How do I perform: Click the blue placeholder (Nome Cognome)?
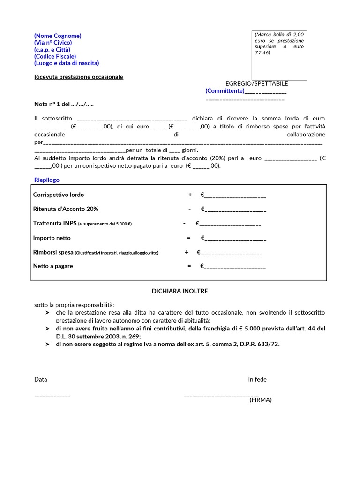click(58, 36)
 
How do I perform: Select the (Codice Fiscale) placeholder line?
click(55, 56)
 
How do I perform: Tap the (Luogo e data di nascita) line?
click(67, 63)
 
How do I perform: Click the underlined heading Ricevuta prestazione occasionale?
click(79, 77)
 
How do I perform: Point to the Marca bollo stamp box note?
click(279, 43)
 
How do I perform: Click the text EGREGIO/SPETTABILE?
click(257, 83)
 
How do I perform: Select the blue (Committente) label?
click(225, 90)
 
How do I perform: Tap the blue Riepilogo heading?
click(47, 180)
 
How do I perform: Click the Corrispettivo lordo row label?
click(59, 195)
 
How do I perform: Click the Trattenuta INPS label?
click(54, 224)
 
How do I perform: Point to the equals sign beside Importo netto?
click(189, 238)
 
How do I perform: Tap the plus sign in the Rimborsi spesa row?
click(187, 252)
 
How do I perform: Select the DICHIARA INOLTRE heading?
click(180, 291)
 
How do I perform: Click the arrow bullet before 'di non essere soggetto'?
click(47, 344)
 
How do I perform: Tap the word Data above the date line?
click(41, 379)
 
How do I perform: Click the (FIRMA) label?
click(261, 400)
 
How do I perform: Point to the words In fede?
click(257, 379)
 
